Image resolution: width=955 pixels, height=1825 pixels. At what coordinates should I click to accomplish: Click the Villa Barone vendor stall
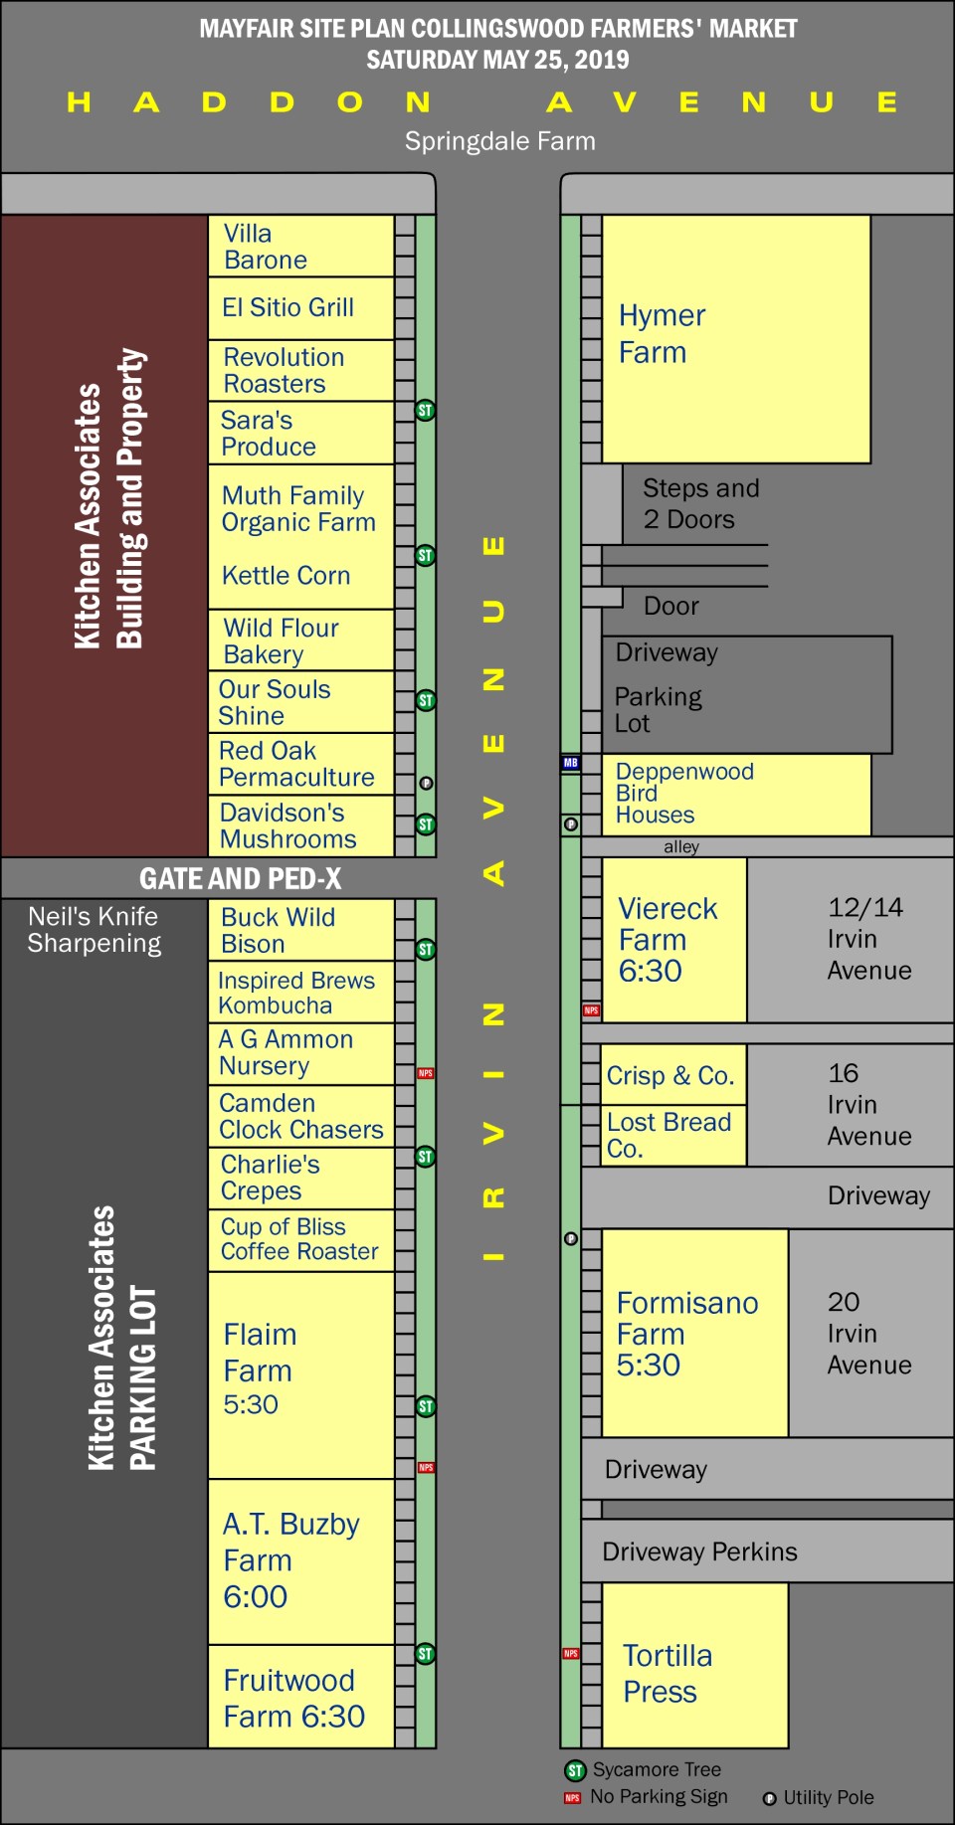pos(300,247)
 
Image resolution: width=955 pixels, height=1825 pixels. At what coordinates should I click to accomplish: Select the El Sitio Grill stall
pos(300,308)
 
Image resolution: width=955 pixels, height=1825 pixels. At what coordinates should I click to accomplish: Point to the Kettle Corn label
pos(286,576)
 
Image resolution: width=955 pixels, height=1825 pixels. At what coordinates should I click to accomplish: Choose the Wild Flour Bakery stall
pos(300,640)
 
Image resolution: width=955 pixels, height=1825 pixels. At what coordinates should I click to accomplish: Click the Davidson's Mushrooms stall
pos(300,825)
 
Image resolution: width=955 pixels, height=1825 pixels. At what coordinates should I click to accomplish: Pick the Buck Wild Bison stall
pos(300,930)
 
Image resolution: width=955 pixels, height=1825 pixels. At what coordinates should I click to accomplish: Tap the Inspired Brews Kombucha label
pos(296,993)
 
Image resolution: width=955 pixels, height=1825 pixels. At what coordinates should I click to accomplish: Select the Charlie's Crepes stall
pos(300,1178)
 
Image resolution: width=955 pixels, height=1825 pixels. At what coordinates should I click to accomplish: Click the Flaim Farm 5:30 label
pos(260,1369)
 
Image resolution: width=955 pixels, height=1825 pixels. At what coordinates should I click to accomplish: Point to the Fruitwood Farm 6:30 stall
pos(300,1698)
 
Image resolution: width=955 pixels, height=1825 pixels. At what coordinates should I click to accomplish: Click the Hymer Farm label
pos(662,334)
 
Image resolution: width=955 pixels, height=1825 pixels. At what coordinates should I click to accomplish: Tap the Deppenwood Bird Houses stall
pos(735,794)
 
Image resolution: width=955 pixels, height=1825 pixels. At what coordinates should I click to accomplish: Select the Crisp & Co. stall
pos(672,1075)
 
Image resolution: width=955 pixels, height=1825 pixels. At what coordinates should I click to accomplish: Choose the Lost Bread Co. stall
pos(672,1135)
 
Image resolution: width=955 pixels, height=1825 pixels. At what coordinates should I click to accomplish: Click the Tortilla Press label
pos(668,1673)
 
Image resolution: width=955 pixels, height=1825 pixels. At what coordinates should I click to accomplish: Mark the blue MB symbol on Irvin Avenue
pos(570,763)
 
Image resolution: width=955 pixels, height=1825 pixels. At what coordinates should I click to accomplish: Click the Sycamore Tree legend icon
pos(575,1770)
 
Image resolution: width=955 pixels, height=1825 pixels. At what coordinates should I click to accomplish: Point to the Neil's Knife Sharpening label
pos(94,930)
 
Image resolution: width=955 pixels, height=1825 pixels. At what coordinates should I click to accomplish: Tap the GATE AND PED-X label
pos(240,879)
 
